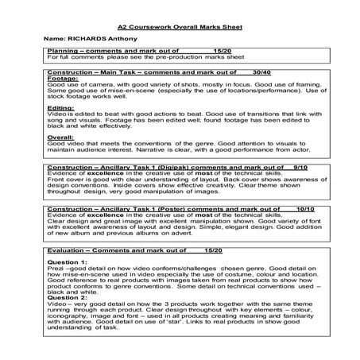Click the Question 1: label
[70, 261]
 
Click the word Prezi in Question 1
[56, 269]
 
